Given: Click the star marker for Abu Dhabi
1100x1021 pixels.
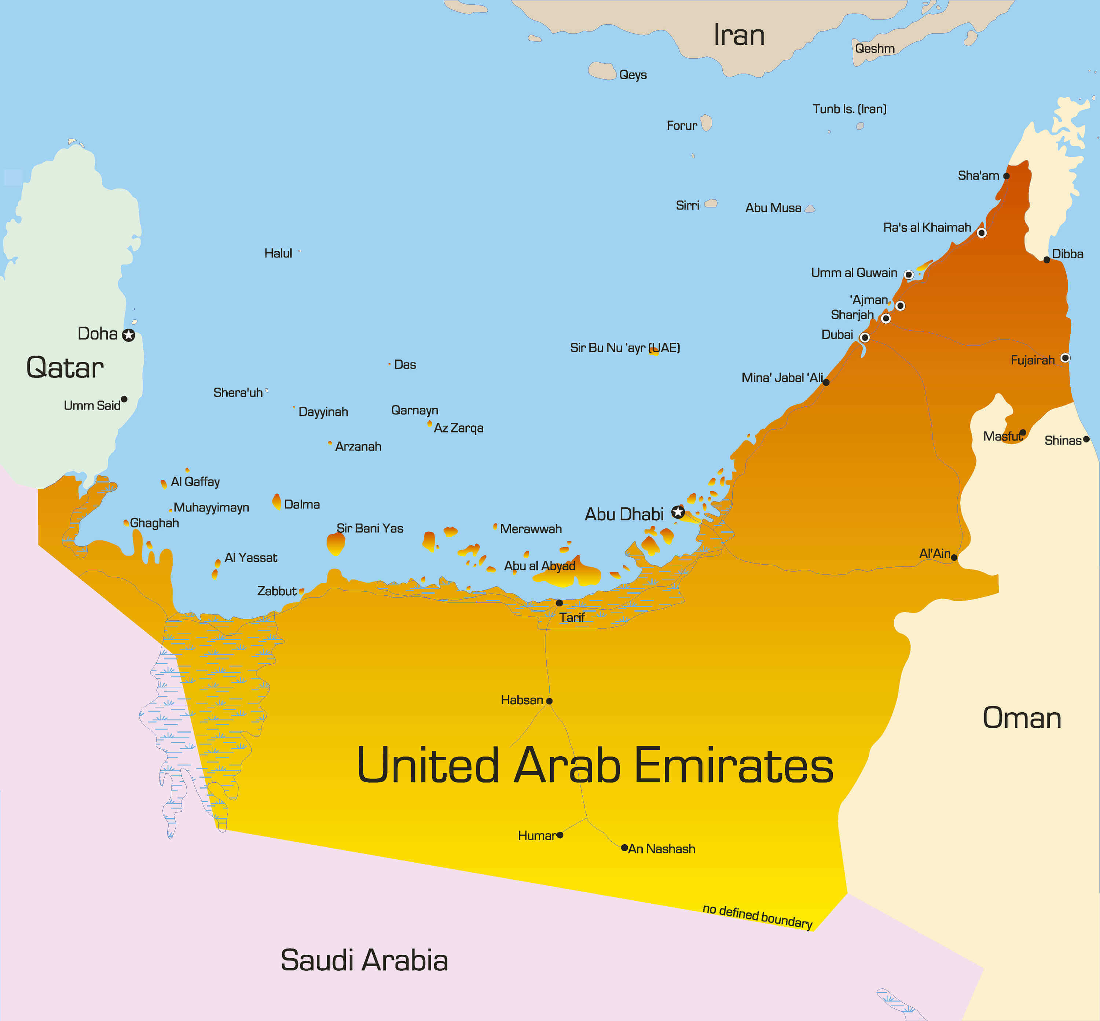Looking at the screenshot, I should click(x=678, y=512).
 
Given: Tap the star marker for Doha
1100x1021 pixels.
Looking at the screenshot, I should click(x=129, y=335).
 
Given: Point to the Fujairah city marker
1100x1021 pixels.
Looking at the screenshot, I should click(x=1065, y=358).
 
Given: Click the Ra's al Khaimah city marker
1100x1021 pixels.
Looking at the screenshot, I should click(x=981, y=232).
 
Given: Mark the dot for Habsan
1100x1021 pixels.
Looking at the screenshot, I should click(x=549, y=701).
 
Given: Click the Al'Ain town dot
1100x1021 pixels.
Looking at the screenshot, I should click(x=954, y=558).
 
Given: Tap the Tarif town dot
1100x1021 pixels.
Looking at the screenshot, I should click(x=559, y=603).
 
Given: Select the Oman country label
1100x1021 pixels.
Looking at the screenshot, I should click(x=1022, y=718).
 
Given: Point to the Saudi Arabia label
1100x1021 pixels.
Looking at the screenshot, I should click(x=364, y=960).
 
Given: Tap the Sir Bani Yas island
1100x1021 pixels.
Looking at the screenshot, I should click(x=335, y=544).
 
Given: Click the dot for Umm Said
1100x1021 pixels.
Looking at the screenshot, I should click(x=124, y=399).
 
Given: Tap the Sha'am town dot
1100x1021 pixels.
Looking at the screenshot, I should click(x=1006, y=176).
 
